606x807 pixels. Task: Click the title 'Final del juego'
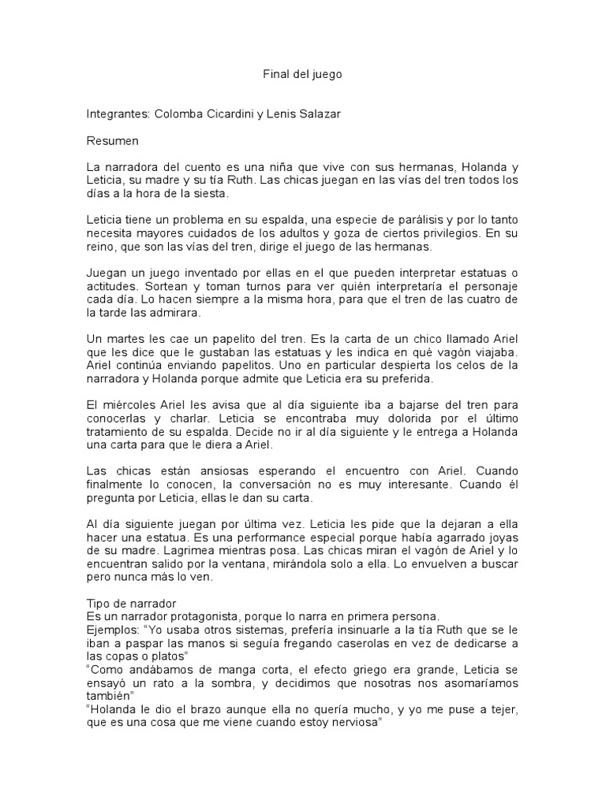pyautogui.click(x=303, y=75)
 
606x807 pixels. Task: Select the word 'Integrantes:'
pyautogui.click(x=118, y=114)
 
